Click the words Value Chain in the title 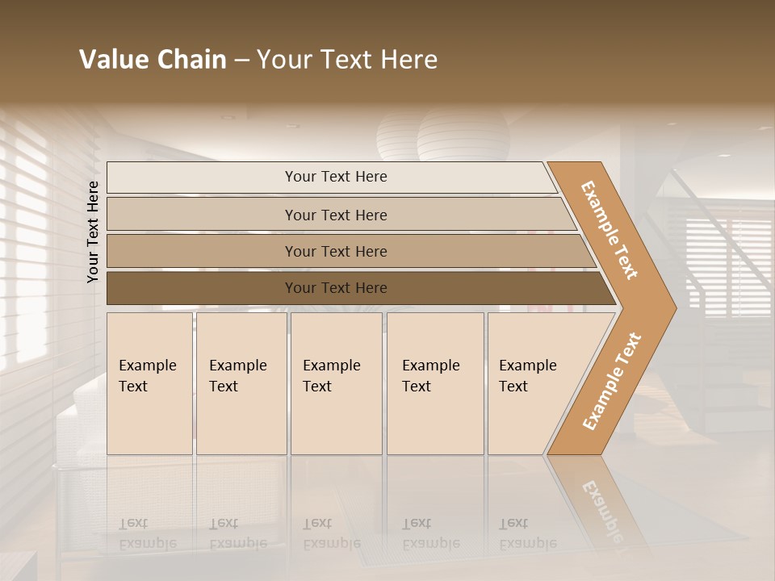point(153,60)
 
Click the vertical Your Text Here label point(93,232)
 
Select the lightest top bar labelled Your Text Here point(335,177)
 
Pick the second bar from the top point(335,215)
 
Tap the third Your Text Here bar point(335,251)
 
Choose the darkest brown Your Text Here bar point(335,288)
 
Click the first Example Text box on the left point(149,383)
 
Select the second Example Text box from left point(241,383)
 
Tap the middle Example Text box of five point(336,383)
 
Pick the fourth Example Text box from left point(434,383)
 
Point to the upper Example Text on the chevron point(610,230)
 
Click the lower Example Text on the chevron point(612,381)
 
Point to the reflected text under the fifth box point(526,533)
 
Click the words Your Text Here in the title point(347,60)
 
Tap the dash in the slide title point(241,61)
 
